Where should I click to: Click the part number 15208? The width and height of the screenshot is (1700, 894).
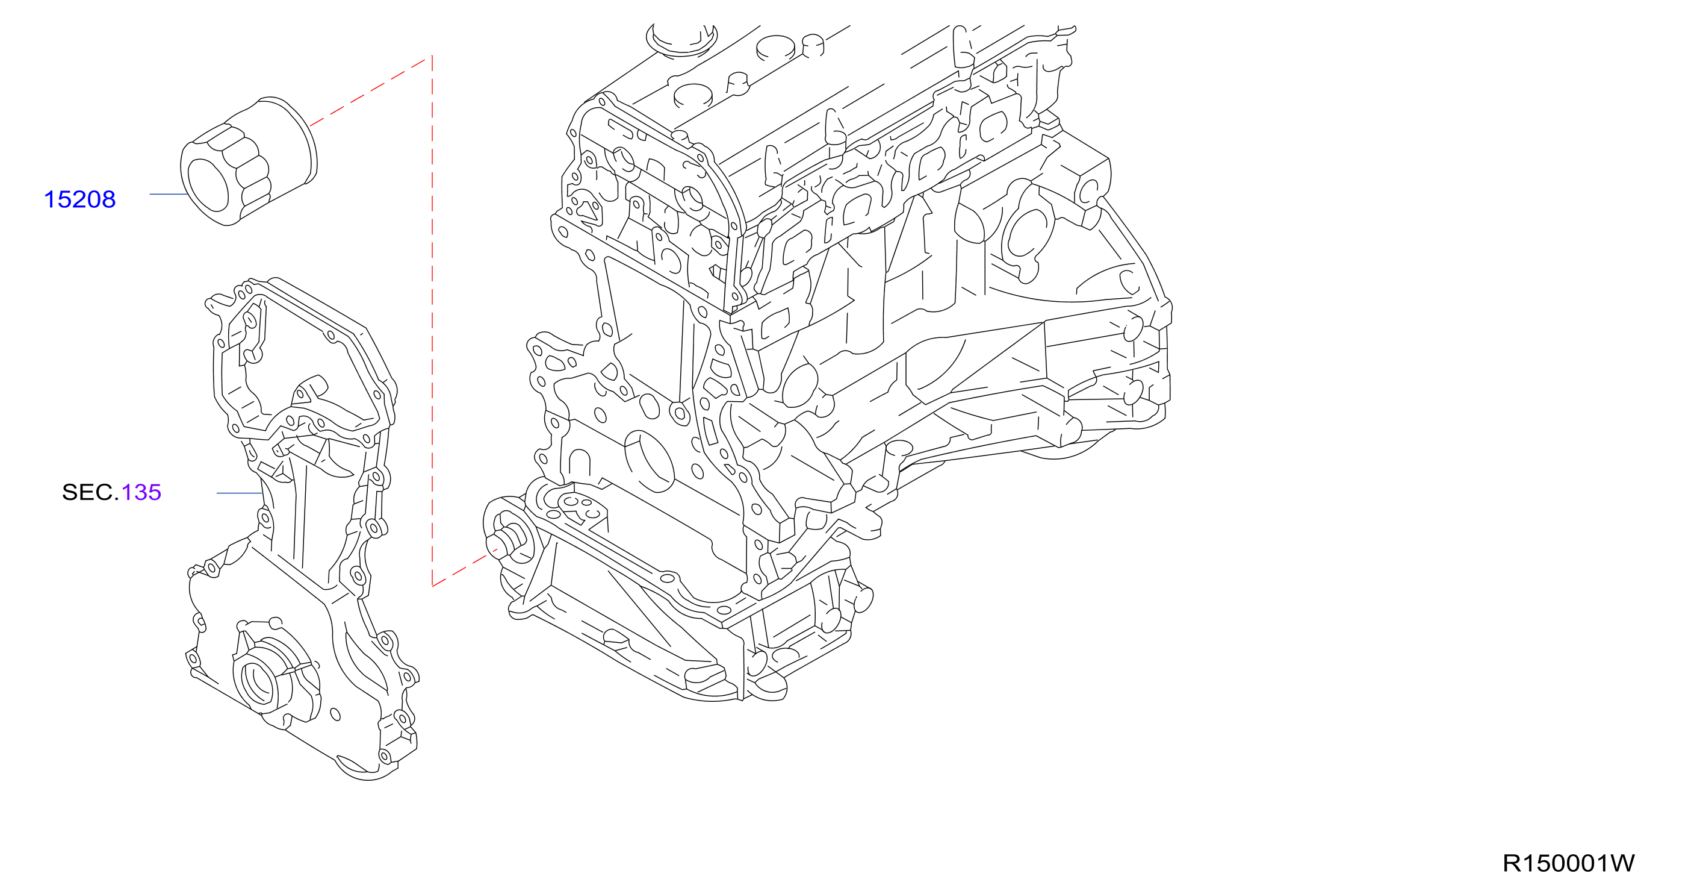click(x=79, y=199)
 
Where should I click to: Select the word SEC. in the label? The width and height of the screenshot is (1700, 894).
click(x=90, y=493)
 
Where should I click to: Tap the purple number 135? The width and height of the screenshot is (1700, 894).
click(x=141, y=493)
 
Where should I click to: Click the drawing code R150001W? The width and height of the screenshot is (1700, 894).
click(x=1568, y=863)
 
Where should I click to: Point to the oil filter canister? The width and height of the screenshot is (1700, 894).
click(x=249, y=162)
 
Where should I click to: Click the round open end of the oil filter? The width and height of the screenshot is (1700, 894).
click(x=208, y=184)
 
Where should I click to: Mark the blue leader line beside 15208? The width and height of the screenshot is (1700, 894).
click(x=169, y=194)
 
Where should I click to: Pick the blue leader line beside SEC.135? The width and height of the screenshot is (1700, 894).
click(x=240, y=493)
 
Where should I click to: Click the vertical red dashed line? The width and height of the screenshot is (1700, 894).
click(x=432, y=321)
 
